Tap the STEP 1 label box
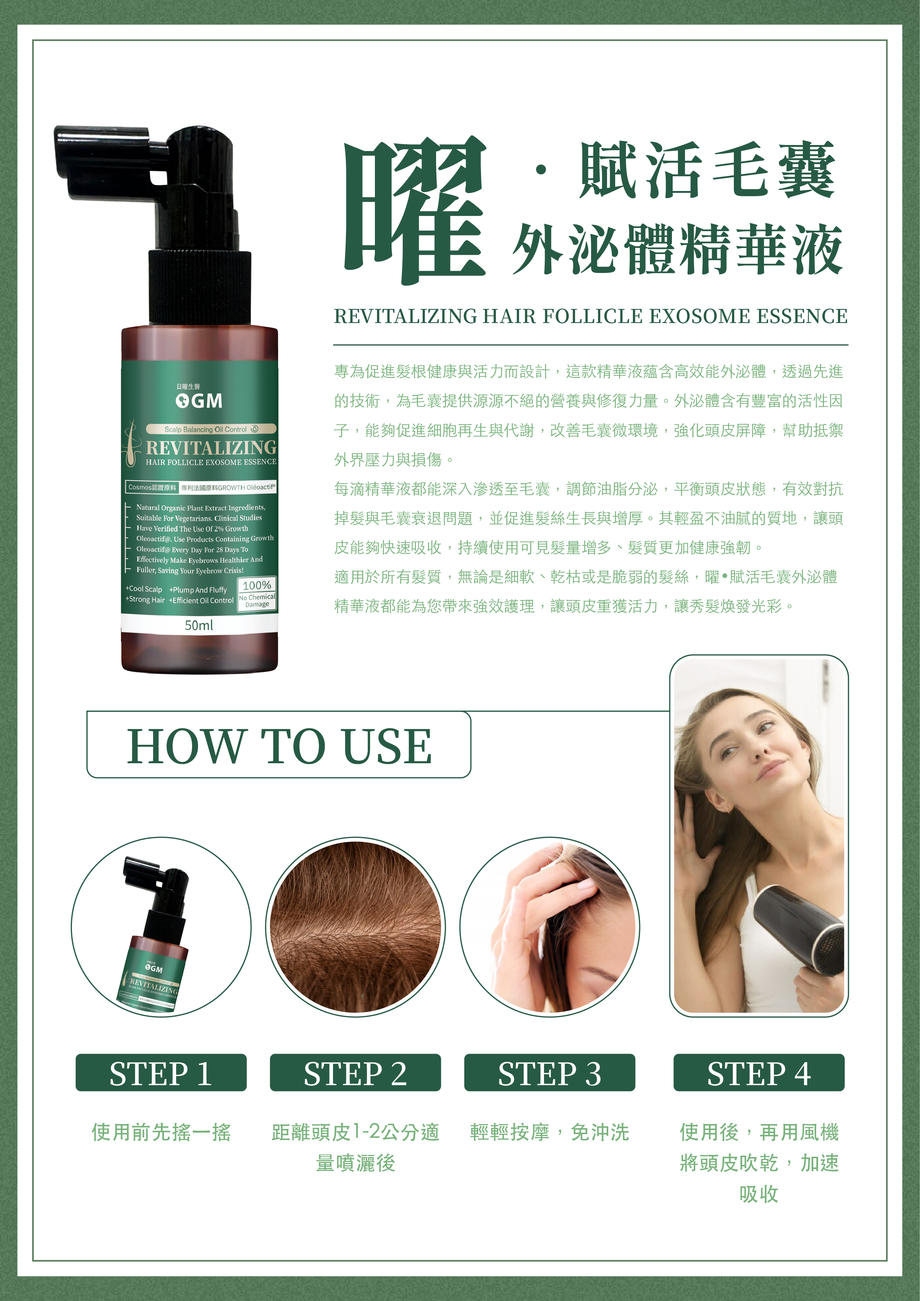coord(161,1073)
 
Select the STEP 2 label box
coord(355,1073)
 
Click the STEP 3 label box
coord(550,1073)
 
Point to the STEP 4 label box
coord(759,1073)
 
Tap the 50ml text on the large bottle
coord(199,625)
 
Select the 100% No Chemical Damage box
coord(257,594)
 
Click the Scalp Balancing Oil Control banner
coord(211,429)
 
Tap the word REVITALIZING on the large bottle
coord(211,448)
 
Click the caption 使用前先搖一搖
coord(161,1132)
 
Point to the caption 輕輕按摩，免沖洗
coord(550,1132)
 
